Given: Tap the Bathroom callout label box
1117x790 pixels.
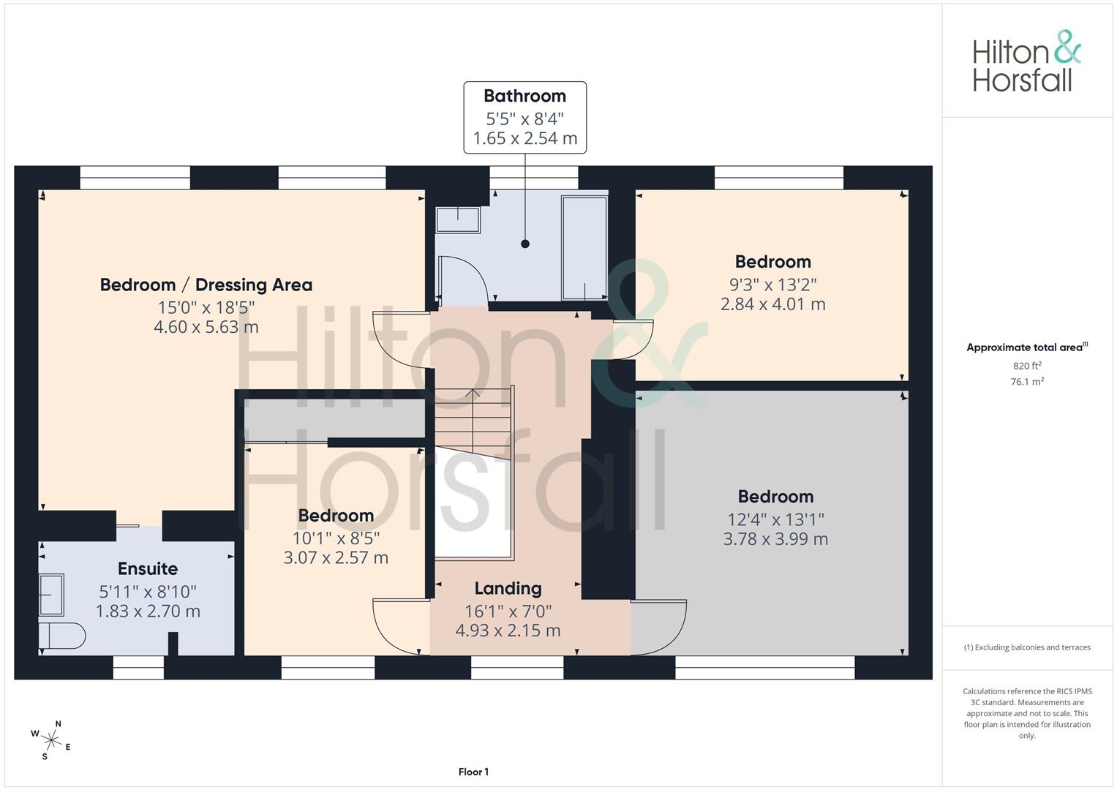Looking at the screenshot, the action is click(524, 117).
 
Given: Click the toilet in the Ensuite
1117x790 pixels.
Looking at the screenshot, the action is click(62, 636).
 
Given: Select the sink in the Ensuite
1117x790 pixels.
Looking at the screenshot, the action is click(51, 595).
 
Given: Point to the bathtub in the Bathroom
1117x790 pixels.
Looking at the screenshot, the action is click(584, 248).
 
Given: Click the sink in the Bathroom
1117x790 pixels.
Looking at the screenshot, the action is click(458, 220).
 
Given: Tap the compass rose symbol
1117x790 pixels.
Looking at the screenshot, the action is click(51, 740).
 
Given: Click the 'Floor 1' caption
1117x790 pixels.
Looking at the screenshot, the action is click(473, 772).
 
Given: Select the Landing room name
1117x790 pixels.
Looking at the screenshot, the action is click(508, 589).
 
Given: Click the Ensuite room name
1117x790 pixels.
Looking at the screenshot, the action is click(148, 568).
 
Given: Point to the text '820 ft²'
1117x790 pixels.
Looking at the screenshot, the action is click(1027, 366).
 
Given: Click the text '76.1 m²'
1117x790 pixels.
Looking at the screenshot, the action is click(1027, 382).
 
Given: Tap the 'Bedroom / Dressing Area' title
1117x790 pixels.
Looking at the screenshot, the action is click(206, 285).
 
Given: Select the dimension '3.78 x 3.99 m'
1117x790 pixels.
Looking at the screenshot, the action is click(775, 538).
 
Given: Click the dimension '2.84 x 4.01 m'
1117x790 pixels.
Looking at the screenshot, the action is click(773, 304).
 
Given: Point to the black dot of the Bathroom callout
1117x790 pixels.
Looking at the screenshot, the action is click(524, 244).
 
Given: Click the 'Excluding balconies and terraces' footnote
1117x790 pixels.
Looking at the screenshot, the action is click(1027, 647).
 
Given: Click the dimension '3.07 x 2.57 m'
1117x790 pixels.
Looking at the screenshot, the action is click(336, 557).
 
